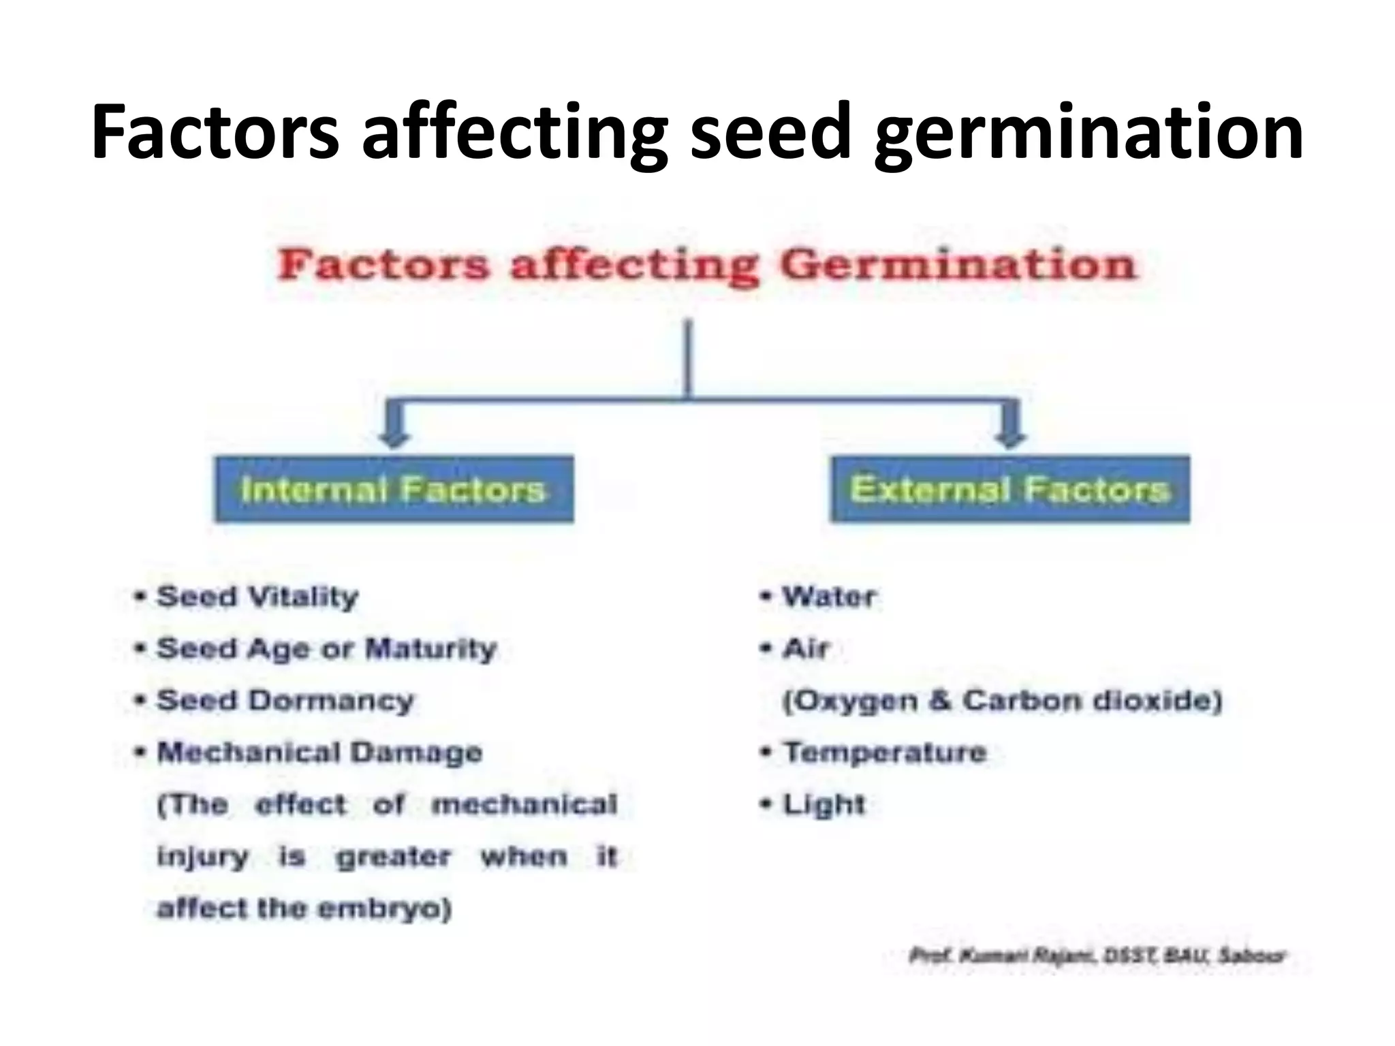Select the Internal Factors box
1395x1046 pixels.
pyautogui.click(x=394, y=490)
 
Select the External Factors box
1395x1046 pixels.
pyautogui.click(x=1009, y=490)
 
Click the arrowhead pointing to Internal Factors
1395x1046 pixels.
pyautogui.click(x=394, y=436)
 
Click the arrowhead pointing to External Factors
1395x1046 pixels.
pyautogui.click(x=1010, y=436)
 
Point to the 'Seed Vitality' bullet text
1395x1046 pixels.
pyautogui.click(x=257, y=597)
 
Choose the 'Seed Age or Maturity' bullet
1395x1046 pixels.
pyautogui.click(x=326, y=649)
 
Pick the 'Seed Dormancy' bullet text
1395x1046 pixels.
pyautogui.click(x=285, y=701)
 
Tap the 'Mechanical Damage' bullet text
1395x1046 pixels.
pyautogui.click(x=319, y=752)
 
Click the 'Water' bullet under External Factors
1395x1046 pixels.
pyautogui.click(x=829, y=597)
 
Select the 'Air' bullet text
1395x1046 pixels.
pyautogui.click(x=806, y=649)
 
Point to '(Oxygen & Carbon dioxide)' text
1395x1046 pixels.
pyautogui.click(x=1002, y=701)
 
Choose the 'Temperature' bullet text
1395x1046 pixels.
pyautogui.click(x=885, y=752)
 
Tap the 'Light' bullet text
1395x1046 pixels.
pyautogui.click(x=824, y=805)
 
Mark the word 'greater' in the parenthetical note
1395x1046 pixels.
pyautogui.click(x=393, y=857)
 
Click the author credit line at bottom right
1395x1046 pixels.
pyautogui.click(x=1097, y=956)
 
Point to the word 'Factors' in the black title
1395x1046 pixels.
pyautogui.click(x=215, y=132)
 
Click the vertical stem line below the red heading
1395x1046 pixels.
pyautogui.click(x=688, y=358)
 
